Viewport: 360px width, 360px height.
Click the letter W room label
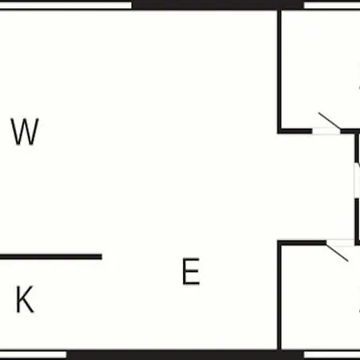coord(25,132)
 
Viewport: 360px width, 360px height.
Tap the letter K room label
coord(25,299)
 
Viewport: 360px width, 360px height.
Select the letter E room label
coord(191,271)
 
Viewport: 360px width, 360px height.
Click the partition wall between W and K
coord(51,257)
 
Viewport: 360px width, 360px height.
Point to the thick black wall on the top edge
coord(218,5)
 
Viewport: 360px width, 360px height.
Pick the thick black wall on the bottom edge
coord(185,355)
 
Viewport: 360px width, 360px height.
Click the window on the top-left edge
coord(66,6)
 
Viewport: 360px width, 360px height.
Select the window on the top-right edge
coord(332,6)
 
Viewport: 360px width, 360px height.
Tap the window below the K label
coord(33,354)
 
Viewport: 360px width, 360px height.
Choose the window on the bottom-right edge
coord(332,354)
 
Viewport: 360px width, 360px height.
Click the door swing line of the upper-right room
coord(330,121)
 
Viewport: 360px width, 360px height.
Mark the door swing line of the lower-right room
coord(338,253)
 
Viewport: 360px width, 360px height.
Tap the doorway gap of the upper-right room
coord(326,131)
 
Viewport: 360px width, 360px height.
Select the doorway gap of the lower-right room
coord(340,242)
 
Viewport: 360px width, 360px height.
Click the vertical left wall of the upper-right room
coord(279,70)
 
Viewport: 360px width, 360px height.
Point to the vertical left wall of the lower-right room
coord(279,296)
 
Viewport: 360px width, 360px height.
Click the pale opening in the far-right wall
coord(357,181)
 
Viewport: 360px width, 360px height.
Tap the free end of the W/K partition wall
coord(102,257)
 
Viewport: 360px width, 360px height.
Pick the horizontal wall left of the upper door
coord(294,131)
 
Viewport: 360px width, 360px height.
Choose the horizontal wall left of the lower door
coord(302,242)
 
